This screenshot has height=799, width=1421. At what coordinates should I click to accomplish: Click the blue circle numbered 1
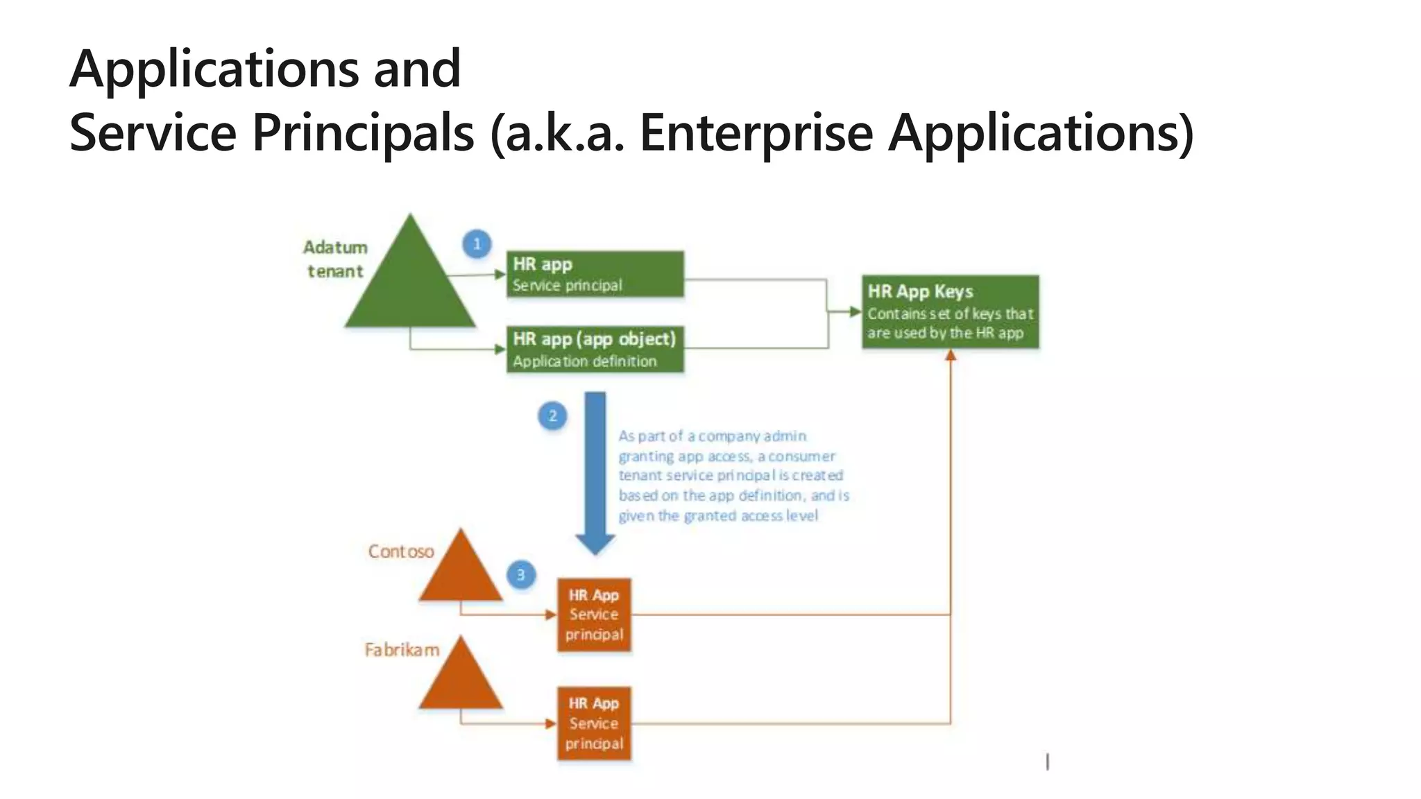click(477, 244)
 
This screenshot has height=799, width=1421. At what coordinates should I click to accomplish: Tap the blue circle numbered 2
click(552, 416)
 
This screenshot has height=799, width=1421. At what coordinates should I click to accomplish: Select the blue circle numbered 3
click(520, 575)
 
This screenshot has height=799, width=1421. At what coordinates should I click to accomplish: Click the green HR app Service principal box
click(595, 275)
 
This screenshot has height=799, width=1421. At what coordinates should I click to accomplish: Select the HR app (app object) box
click(595, 350)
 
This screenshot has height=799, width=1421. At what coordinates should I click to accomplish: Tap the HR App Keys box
click(950, 312)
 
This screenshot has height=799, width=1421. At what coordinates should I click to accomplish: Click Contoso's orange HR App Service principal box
click(594, 615)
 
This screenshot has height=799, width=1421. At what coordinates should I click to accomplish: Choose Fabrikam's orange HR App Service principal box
click(594, 723)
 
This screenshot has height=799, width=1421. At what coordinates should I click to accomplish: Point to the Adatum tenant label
click(335, 259)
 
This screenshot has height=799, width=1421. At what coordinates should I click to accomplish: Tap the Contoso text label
click(401, 551)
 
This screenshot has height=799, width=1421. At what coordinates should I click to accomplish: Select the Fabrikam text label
click(402, 650)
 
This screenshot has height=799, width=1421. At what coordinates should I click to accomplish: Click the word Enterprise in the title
click(756, 132)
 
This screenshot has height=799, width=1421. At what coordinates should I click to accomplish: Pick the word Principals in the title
click(363, 132)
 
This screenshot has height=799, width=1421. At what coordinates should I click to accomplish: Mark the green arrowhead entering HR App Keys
click(856, 312)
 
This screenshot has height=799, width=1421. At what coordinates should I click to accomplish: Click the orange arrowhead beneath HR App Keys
click(951, 355)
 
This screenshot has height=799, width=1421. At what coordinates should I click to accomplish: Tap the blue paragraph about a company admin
click(733, 476)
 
